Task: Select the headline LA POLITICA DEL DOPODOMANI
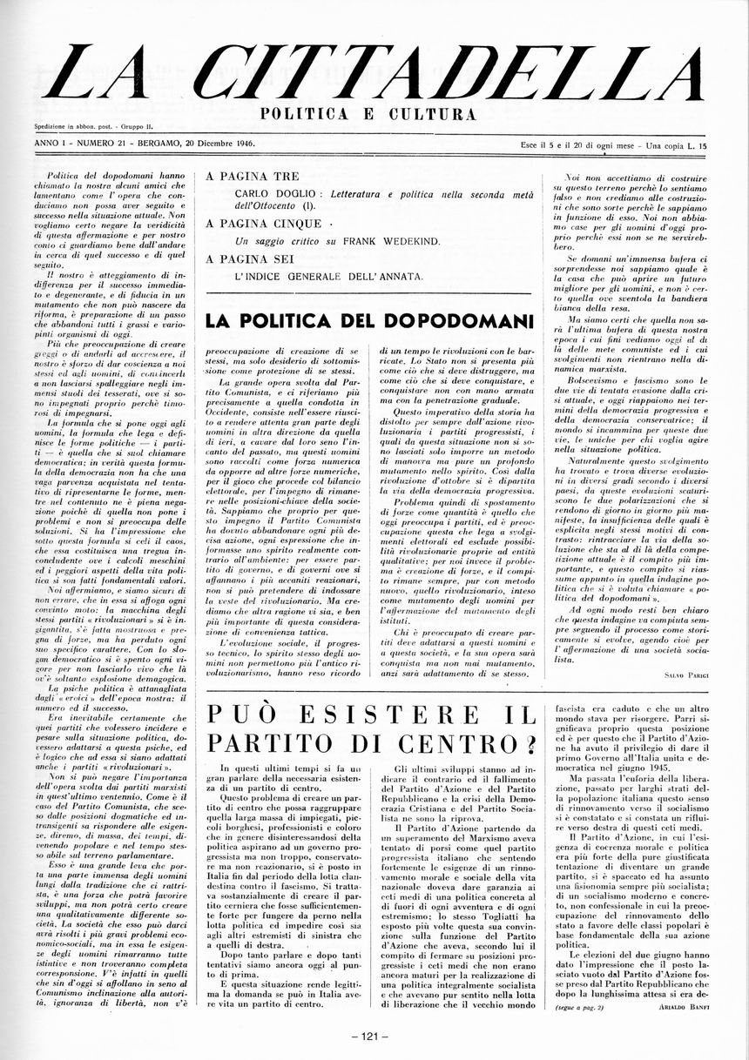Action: (369, 320)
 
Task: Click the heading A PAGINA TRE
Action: (241, 176)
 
